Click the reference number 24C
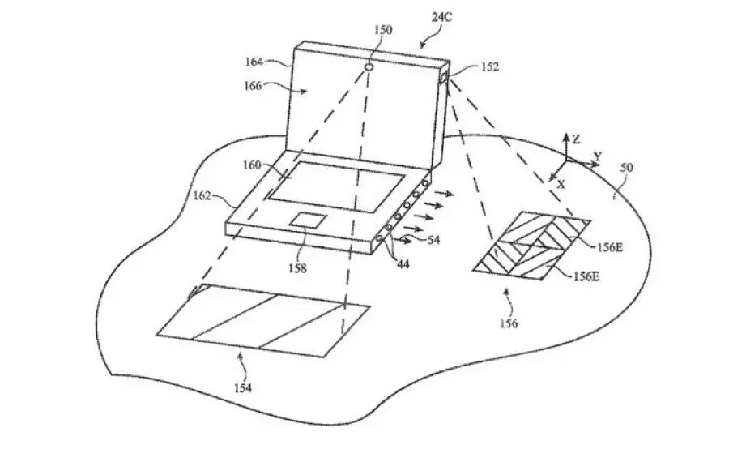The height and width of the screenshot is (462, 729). [x=441, y=18]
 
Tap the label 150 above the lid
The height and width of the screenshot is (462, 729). [x=383, y=30]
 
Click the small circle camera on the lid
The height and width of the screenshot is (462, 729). [x=369, y=67]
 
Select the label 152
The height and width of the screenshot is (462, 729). [x=489, y=67]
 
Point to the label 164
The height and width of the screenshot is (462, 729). [x=254, y=62]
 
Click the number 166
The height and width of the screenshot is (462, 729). [x=253, y=86]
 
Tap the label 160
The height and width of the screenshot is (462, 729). [x=252, y=165]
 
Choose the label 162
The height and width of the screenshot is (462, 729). [x=202, y=195]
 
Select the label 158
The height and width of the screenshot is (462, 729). [x=297, y=268]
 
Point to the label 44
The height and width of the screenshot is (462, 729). [x=403, y=263]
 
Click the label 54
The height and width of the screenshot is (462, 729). [x=433, y=240]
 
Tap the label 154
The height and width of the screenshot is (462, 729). [x=243, y=388]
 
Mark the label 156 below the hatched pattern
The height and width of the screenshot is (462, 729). [x=509, y=323]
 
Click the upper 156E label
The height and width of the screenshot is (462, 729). [x=609, y=247]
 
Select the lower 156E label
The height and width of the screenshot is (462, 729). [x=586, y=277]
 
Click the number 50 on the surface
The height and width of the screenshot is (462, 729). [x=627, y=168]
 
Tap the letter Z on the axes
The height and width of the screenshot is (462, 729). [x=576, y=139]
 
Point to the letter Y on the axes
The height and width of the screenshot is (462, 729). [x=598, y=156]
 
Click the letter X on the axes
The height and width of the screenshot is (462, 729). [x=561, y=184]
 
